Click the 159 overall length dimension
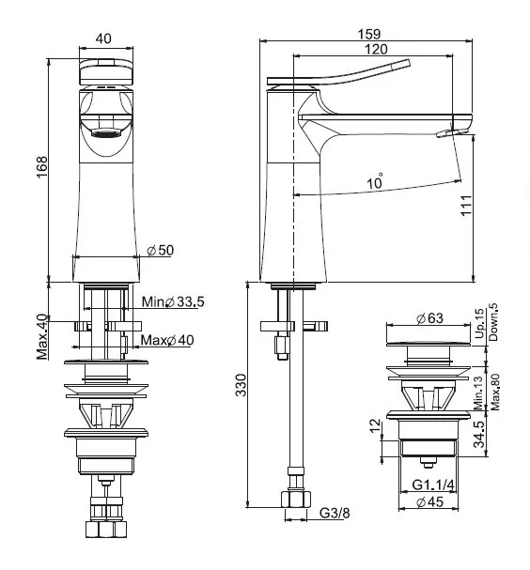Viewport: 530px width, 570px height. (369, 34)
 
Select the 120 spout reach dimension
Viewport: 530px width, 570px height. (376, 49)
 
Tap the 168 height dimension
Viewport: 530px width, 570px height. (42, 166)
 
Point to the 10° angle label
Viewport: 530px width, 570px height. (375, 180)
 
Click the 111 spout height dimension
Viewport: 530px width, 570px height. (466, 206)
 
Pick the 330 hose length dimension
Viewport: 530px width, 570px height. (241, 385)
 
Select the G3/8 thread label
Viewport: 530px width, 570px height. (335, 513)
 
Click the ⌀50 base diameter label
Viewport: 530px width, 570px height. (160, 250)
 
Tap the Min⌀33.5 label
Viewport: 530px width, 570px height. (173, 301)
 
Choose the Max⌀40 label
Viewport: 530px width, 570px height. (167, 340)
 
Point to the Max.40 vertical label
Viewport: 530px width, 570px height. (42, 336)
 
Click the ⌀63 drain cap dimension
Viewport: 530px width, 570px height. (429, 318)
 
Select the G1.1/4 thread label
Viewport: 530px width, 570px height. (433, 485)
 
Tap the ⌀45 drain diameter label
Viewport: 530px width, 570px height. (429, 502)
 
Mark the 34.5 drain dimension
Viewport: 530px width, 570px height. (480, 434)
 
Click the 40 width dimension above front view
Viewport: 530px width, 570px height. (103, 39)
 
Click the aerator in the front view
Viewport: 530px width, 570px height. (106, 132)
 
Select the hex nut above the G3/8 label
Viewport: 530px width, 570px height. (296, 500)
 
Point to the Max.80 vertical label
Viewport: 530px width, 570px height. (495, 393)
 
